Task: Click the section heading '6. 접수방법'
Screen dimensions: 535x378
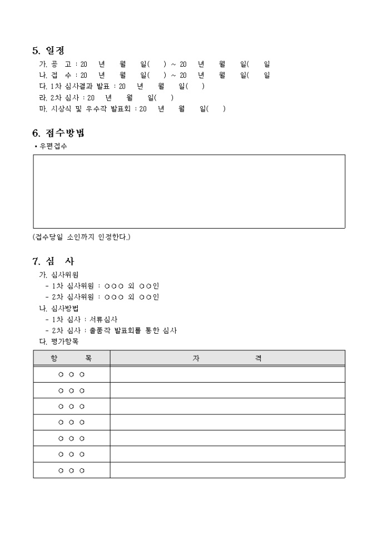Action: pyautogui.click(x=58, y=133)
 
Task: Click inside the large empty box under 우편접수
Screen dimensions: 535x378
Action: pyautogui.click(x=189, y=191)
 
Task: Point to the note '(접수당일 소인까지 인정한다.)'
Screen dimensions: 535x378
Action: pyautogui.click(x=82, y=237)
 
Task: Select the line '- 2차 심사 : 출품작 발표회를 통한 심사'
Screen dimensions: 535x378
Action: pyautogui.click(x=111, y=330)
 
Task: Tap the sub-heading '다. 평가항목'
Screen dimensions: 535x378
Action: pyautogui.click(x=58, y=341)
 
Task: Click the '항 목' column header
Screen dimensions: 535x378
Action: pyautogui.click(x=72, y=358)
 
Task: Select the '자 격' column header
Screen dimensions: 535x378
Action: pyautogui.click(x=227, y=358)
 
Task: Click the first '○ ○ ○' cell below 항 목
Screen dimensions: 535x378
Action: pyautogui.click(x=72, y=374)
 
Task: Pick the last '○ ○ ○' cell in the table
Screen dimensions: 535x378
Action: pyautogui.click(x=72, y=470)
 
